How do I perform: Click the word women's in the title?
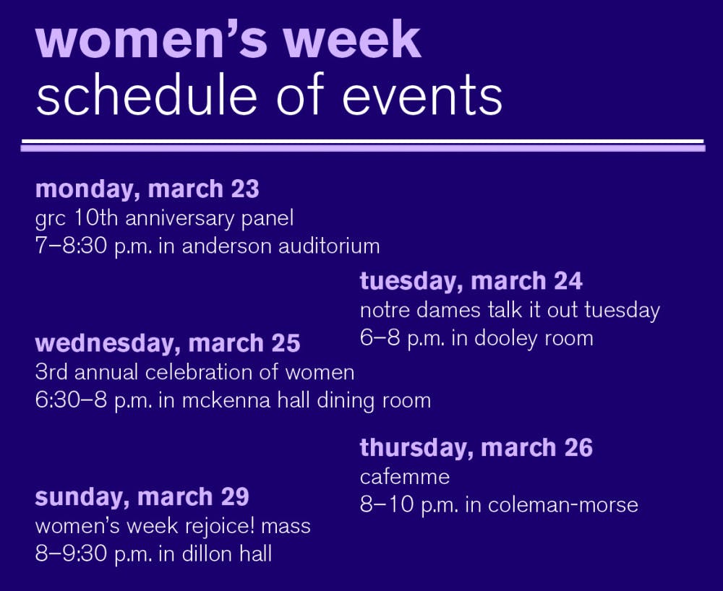[152, 39]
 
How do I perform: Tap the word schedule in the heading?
[146, 95]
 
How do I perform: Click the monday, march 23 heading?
[147, 189]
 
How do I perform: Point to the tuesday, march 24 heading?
[471, 281]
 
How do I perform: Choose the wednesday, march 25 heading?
[168, 343]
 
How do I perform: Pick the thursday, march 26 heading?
[476, 448]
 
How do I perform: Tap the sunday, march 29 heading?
[142, 496]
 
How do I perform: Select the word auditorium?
[329, 246]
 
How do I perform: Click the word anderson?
[227, 246]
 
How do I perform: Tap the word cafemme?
[404, 477]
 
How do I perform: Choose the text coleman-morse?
[563, 505]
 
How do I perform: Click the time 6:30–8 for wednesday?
[71, 400]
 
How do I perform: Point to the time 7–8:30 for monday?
[71, 246]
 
